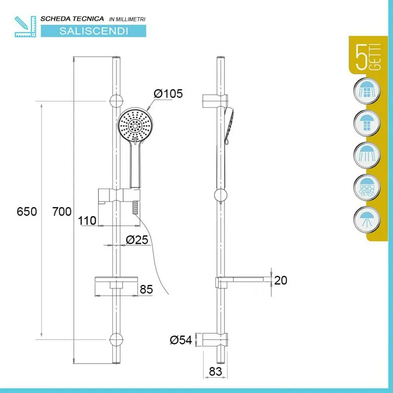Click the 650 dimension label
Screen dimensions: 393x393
[x=27, y=212]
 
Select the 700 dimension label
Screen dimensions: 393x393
[x=62, y=212]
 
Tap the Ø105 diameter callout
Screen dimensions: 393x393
[x=168, y=94]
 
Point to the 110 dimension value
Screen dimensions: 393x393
[x=87, y=221]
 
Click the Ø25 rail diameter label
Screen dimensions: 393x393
[x=137, y=240]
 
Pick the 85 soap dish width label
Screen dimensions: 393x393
[x=146, y=289]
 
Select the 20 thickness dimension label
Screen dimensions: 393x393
[x=281, y=281]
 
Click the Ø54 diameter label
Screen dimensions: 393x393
[x=181, y=340]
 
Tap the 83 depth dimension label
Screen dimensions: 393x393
[x=215, y=371]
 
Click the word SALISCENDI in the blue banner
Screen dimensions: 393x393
[x=93, y=31]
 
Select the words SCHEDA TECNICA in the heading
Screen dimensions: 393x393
[x=72, y=19]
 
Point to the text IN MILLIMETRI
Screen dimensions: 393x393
[x=127, y=19]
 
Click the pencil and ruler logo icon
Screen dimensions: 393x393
[x=26, y=27]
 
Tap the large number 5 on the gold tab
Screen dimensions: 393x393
[x=362, y=57]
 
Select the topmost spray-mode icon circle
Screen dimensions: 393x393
[x=366, y=91]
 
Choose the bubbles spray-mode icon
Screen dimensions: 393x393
[x=366, y=188]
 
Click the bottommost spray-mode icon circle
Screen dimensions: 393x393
[x=366, y=220]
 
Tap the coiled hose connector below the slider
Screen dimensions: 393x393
[x=135, y=207]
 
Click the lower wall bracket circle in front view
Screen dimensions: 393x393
[x=116, y=339]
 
